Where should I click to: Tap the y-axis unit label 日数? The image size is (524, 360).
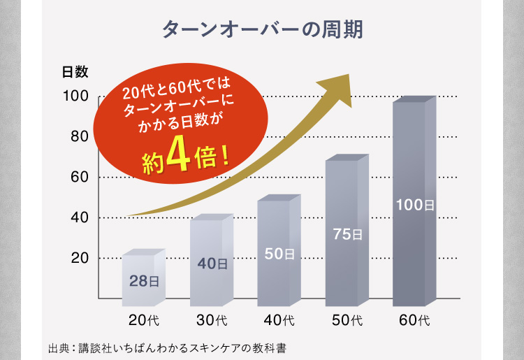(75, 71)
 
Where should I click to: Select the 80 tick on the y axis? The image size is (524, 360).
(78, 137)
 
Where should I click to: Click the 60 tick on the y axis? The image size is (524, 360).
(78, 177)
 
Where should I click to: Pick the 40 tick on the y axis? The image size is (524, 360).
(78, 217)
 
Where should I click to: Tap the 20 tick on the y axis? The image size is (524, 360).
(78, 258)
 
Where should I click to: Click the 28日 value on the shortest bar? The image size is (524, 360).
(144, 282)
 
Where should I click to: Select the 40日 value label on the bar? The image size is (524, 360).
(212, 264)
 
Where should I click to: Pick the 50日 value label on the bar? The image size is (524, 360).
(279, 254)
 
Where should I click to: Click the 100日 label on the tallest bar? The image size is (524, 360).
(414, 205)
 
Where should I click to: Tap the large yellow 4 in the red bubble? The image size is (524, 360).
(180, 159)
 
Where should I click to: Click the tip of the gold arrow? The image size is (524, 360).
(347, 74)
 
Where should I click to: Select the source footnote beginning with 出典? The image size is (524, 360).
(168, 347)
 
